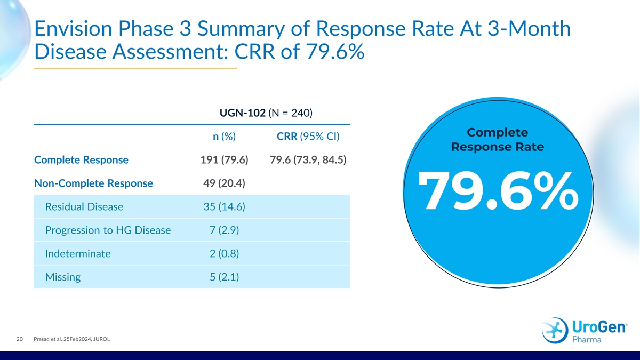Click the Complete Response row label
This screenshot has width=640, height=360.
pos(81,160)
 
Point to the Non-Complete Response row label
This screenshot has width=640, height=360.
pos(93,183)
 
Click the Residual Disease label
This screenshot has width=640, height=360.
pos(84,207)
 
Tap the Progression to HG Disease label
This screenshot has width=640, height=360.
pos(108,230)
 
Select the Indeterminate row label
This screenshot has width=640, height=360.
pos(78,254)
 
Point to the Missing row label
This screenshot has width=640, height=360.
pos(63,277)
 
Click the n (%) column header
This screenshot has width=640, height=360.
pos(225,137)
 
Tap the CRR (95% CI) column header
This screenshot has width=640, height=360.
pos(309,137)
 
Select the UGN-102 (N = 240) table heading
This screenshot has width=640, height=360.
pos(266,113)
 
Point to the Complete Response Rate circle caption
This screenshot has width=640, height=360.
pos(498,140)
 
